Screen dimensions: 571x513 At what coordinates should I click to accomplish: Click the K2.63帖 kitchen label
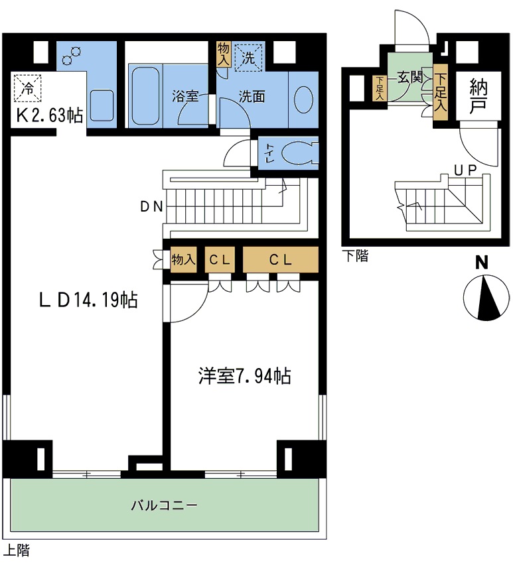[49, 115]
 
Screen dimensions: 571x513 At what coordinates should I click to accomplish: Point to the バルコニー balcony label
[163, 505]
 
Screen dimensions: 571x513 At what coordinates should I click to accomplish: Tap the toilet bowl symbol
[298, 153]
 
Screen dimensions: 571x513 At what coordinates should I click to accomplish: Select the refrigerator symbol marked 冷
[27, 87]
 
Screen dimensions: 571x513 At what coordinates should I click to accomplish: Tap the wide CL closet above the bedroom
[280, 260]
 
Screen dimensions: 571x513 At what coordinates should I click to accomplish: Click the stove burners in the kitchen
[71, 56]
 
